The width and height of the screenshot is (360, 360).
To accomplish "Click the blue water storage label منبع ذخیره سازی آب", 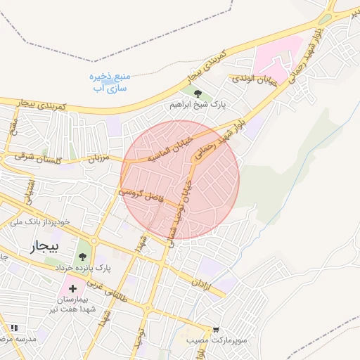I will click(x=106, y=82).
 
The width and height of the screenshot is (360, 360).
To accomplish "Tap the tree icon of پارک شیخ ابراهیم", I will click(x=198, y=94).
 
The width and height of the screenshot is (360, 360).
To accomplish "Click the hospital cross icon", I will click(x=72, y=289).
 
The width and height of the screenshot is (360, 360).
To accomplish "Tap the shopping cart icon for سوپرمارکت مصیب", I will click(x=215, y=329).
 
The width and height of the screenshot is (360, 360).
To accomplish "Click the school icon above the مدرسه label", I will click(x=14, y=328).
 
